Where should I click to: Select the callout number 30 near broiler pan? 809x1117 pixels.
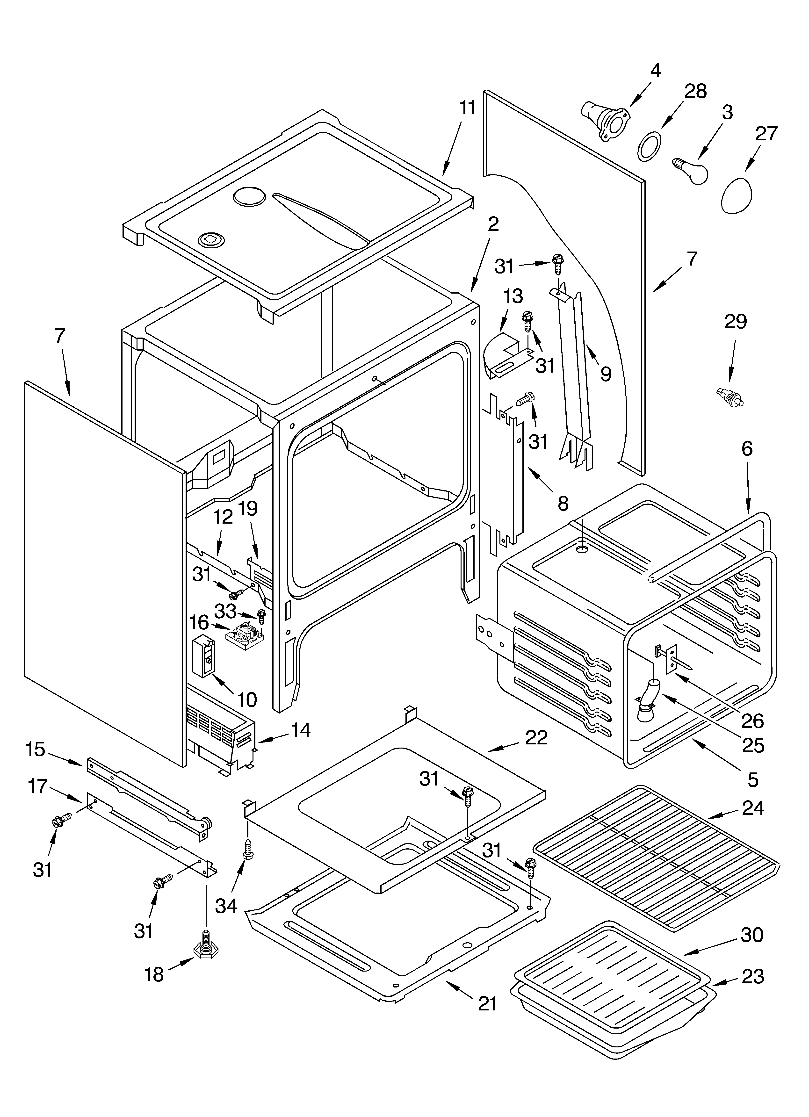(x=752, y=934)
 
